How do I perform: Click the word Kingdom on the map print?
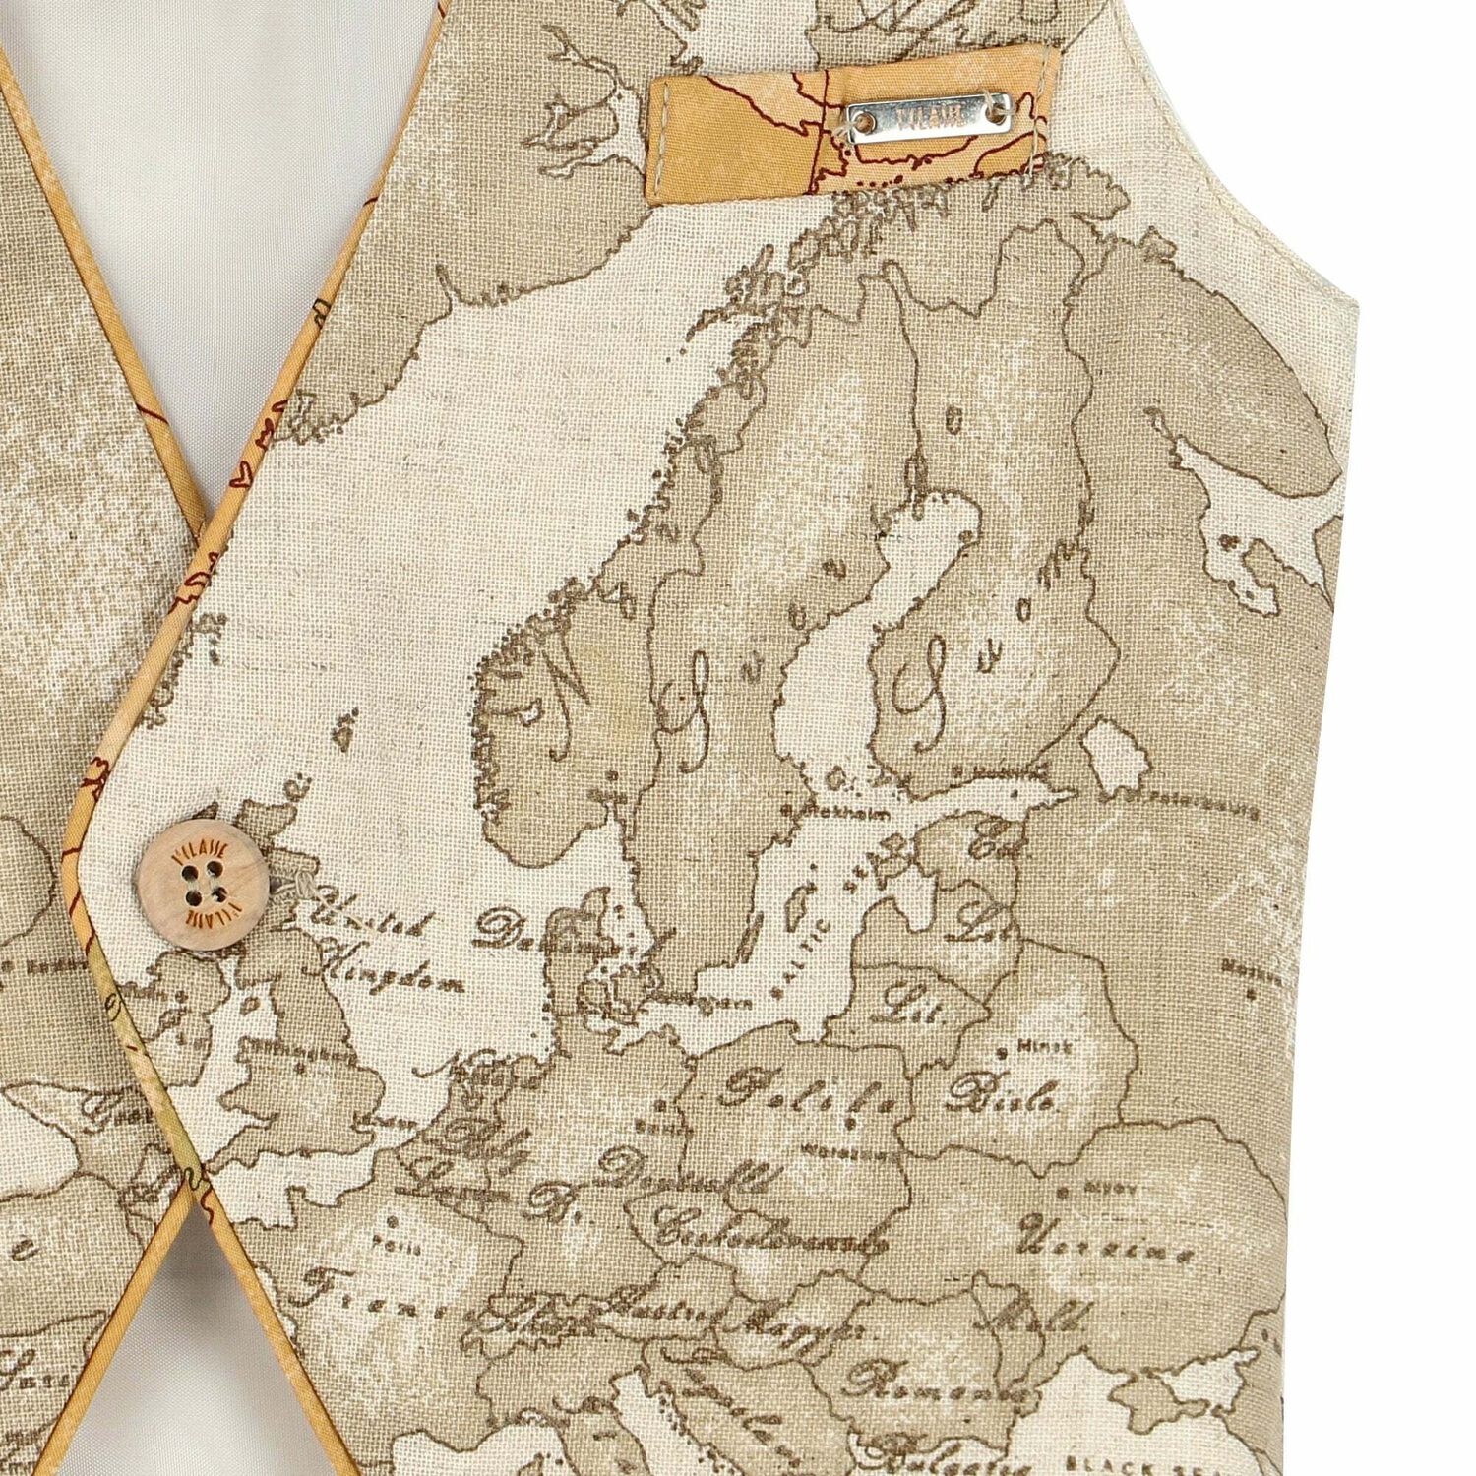tap(385, 979)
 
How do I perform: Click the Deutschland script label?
tap(678, 1179)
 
